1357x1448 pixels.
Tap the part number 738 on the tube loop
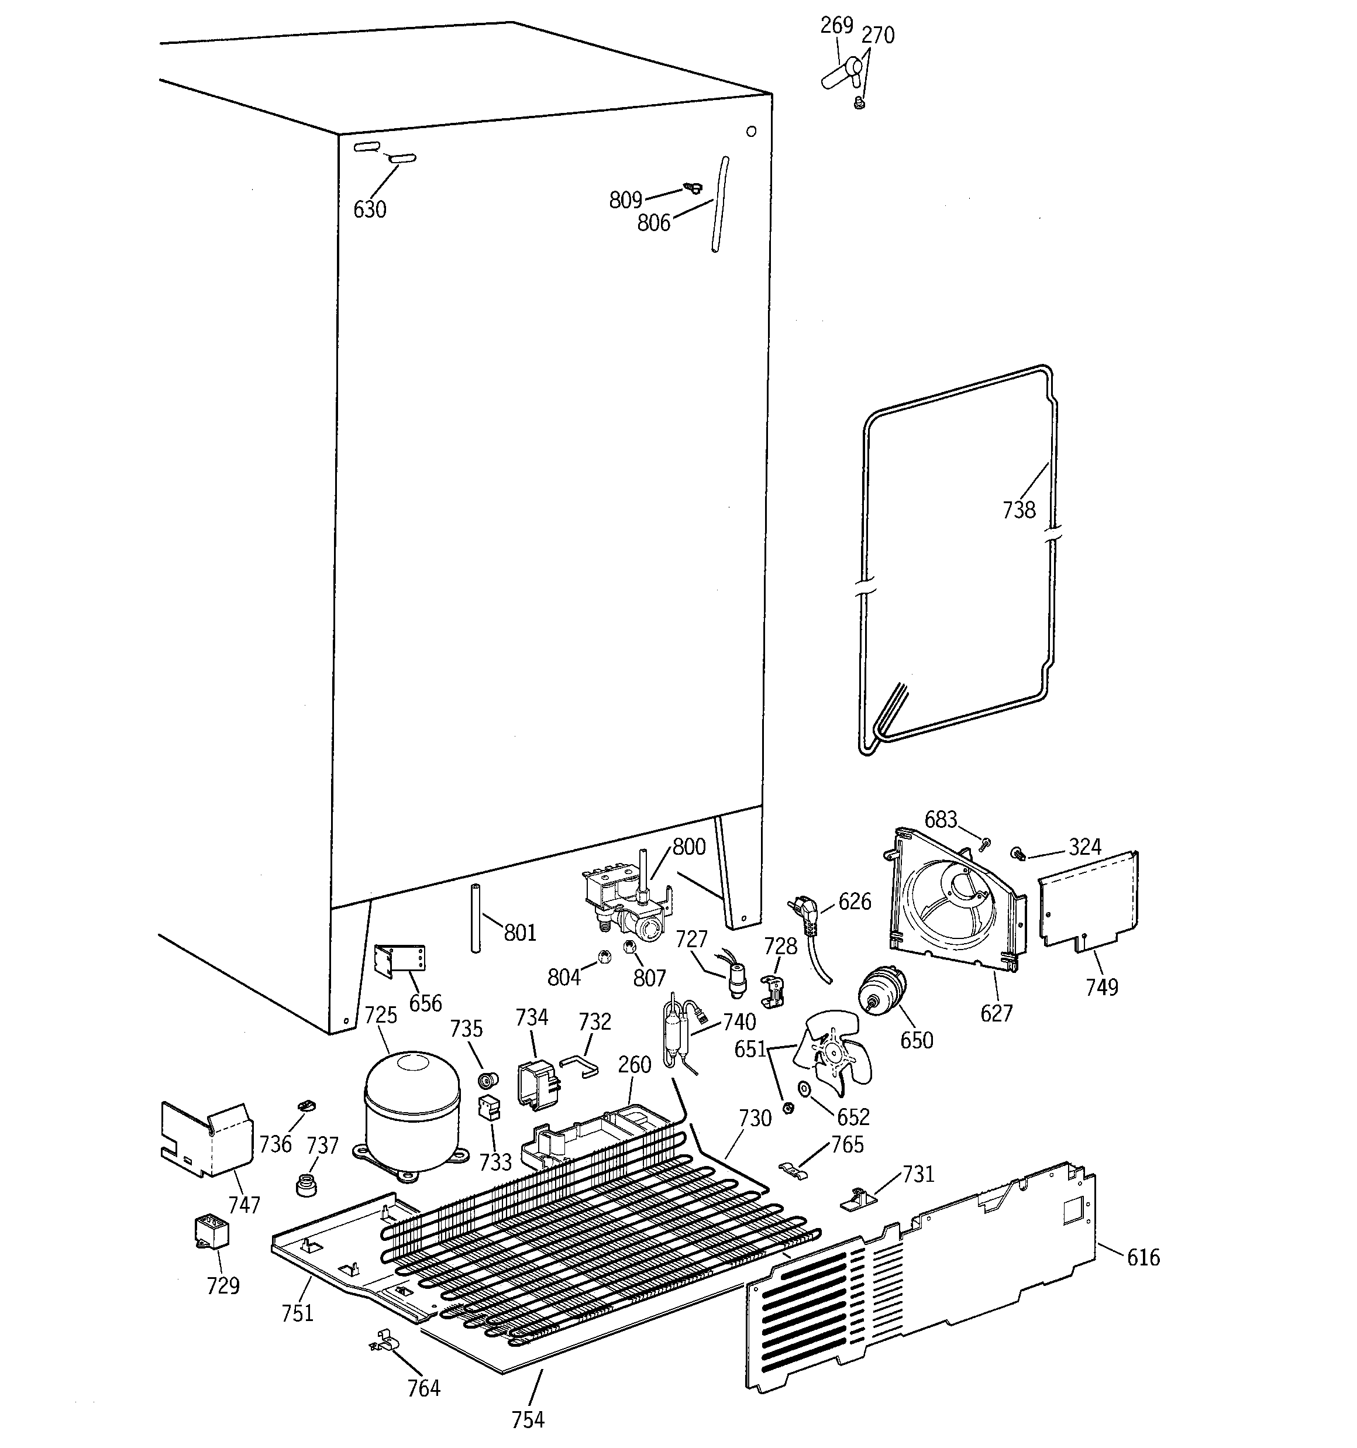point(1018,510)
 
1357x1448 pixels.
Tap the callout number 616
point(1143,1257)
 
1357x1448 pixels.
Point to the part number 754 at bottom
point(528,1419)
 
